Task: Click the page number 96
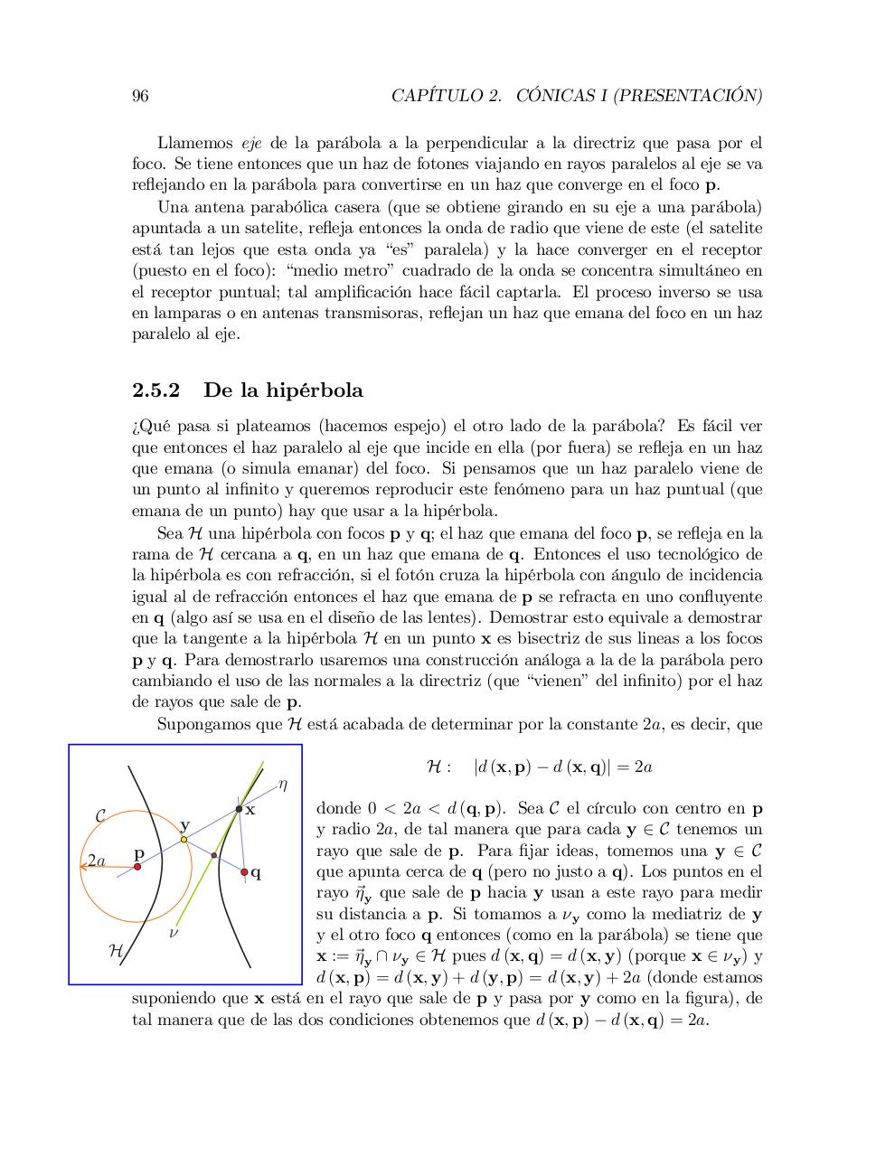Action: [140, 97]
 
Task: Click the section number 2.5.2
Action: [156, 390]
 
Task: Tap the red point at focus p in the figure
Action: [137, 867]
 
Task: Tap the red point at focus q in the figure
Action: [245, 872]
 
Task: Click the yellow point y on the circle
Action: [184, 840]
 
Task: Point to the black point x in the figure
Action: [239, 808]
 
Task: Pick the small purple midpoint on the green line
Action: [214, 855]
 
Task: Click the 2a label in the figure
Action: [97, 861]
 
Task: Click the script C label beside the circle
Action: [100, 816]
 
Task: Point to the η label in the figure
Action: [282, 785]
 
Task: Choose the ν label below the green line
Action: [174, 931]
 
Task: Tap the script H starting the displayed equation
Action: [434, 767]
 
